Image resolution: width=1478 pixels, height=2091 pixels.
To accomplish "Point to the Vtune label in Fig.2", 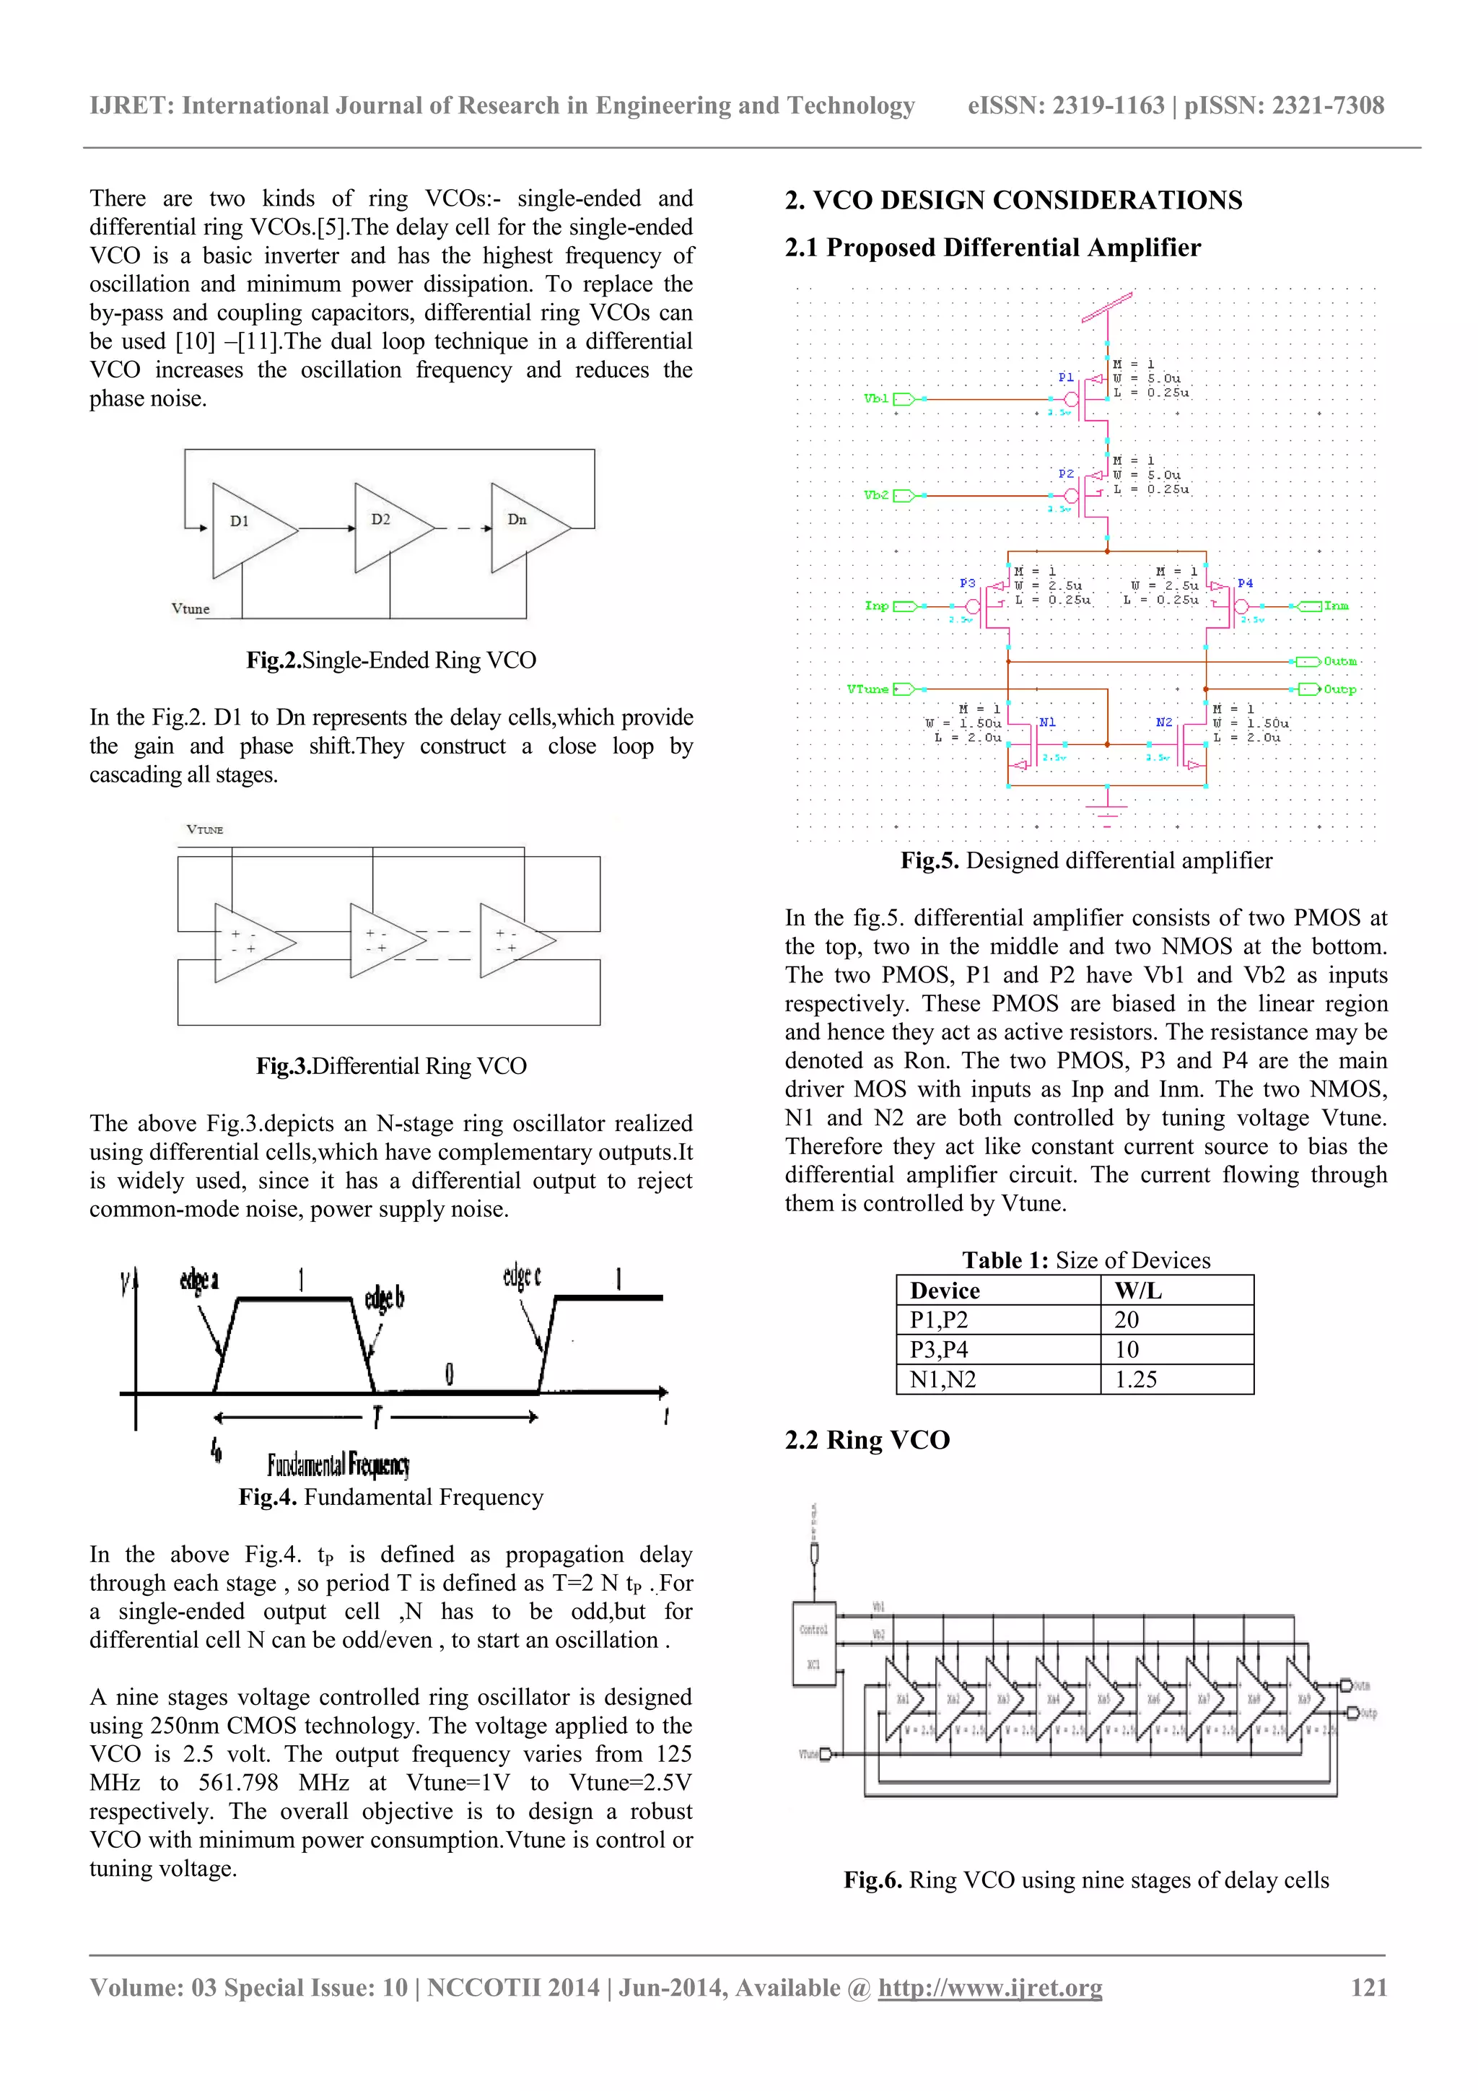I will [x=191, y=608].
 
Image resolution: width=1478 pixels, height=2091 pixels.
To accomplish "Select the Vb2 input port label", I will [x=876, y=495].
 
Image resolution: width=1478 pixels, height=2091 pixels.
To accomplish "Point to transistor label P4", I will [x=1245, y=584].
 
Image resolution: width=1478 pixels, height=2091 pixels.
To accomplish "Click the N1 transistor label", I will [x=1047, y=723].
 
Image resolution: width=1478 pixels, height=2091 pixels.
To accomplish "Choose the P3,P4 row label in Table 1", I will [x=939, y=1350].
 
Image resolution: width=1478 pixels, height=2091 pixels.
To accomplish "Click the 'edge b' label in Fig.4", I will [x=385, y=1298].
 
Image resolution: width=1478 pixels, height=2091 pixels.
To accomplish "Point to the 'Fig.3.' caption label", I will [x=283, y=1067].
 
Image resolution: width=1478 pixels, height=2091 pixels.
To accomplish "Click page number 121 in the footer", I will [x=1369, y=1987].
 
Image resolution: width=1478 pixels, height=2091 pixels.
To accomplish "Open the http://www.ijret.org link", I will [x=990, y=1987].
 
